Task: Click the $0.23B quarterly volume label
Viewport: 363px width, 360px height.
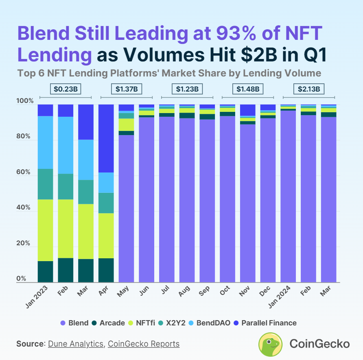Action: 65,89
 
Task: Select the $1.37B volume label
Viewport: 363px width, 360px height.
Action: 126,89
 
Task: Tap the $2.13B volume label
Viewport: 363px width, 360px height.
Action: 308,89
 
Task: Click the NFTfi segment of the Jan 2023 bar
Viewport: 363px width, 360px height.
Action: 45,230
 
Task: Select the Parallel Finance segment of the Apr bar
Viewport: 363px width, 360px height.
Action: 106,138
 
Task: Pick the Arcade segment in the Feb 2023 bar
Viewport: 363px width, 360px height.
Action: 66,270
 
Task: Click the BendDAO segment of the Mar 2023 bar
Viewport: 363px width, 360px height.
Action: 85,159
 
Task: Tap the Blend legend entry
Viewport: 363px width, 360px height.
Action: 74,323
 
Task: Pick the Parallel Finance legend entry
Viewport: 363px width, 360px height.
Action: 264,323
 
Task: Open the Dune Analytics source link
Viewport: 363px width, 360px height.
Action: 76,344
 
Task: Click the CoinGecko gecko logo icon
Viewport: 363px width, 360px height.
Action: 271,344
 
